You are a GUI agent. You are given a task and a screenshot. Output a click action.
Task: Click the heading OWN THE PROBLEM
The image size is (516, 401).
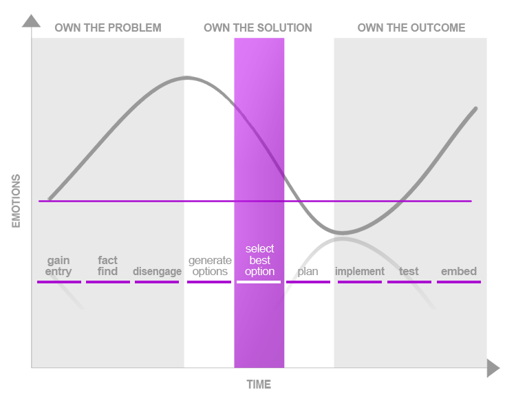(x=108, y=28)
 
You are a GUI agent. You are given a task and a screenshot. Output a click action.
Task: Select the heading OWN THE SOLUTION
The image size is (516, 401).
(x=258, y=28)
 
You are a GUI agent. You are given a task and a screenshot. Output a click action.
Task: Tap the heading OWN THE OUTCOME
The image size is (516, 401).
(x=411, y=28)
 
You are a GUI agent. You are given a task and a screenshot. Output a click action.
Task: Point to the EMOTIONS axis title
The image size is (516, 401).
(x=16, y=201)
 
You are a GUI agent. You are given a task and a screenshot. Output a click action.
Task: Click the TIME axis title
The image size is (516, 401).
(x=259, y=384)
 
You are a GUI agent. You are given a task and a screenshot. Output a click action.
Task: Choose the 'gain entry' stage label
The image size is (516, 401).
(x=58, y=265)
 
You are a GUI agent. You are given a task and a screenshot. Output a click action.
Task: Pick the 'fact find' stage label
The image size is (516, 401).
(x=107, y=265)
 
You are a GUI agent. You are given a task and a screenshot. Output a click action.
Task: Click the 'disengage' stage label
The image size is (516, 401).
(x=158, y=272)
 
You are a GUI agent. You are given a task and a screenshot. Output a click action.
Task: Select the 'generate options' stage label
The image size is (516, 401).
(x=210, y=265)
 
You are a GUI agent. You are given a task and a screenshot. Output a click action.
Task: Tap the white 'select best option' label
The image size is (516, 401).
(x=259, y=260)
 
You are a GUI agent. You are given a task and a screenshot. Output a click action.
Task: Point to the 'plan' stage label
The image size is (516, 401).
(x=308, y=272)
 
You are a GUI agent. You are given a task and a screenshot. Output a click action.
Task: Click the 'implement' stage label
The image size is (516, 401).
(x=360, y=272)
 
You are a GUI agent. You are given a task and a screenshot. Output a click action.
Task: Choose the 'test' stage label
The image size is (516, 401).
(x=409, y=272)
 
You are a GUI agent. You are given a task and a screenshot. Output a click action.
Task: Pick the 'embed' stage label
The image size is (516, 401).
(x=459, y=272)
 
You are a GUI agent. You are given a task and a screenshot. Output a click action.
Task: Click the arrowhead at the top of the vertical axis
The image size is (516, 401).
(x=31, y=21)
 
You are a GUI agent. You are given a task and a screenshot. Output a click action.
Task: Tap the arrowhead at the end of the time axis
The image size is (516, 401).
(x=493, y=368)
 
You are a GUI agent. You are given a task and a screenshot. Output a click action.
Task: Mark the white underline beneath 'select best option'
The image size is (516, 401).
(x=259, y=282)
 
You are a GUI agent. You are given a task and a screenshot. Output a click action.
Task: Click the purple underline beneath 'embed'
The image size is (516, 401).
(x=459, y=282)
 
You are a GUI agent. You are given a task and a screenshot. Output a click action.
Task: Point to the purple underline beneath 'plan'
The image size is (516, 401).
(x=308, y=282)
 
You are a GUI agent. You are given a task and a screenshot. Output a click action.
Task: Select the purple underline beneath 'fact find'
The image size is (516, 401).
(x=108, y=282)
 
